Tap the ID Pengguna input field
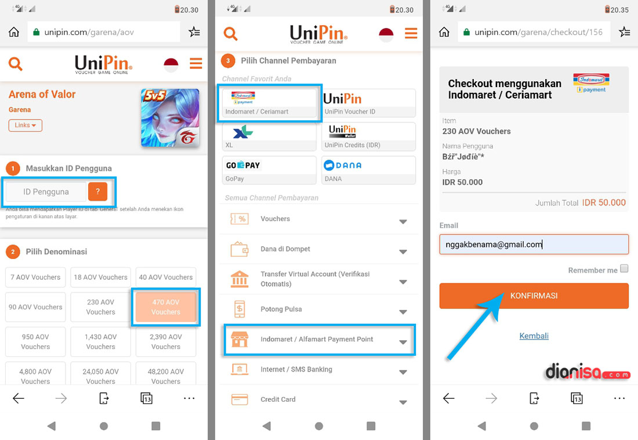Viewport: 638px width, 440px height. pyautogui.click(x=46, y=192)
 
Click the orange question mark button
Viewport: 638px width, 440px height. pyautogui.click(x=97, y=192)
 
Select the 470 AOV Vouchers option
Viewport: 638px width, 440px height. pyautogui.click(x=166, y=307)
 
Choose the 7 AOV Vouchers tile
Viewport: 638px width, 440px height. pyautogui.click(x=35, y=277)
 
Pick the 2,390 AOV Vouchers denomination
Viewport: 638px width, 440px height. pyautogui.click(x=166, y=342)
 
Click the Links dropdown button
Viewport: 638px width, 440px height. pyautogui.click(x=25, y=125)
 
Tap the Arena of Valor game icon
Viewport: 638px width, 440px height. pyautogui.click(x=170, y=118)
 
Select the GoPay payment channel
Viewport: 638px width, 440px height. pyautogui.click(x=269, y=169)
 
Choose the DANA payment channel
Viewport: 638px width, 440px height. pyautogui.click(x=369, y=169)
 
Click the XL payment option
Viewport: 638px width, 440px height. pyautogui.click(x=269, y=136)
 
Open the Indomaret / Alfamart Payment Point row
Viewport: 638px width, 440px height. pyautogui.click(x=319, y=340)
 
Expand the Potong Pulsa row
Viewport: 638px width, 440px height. pyautogui.click(x=319, y=309)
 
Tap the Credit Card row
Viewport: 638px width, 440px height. pyautogui.click(x=319, y=399)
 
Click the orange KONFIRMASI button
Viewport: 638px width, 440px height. pyautogui.click(x=534, y=296)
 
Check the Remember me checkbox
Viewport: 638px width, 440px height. pyautogui.click(x=624, y=269)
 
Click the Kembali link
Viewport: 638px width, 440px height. pyautogui.click(x=534, y=336)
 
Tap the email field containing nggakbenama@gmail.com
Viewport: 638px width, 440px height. pyautogui.click(x=534, y=244)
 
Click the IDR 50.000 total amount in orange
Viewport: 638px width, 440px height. pyautogui.click(x=604, y=203)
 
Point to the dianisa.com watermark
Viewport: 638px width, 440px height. pyautogui.click(x=587, y=373)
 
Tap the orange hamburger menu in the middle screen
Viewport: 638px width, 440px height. pyautogui.click(x=411, y=33)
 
